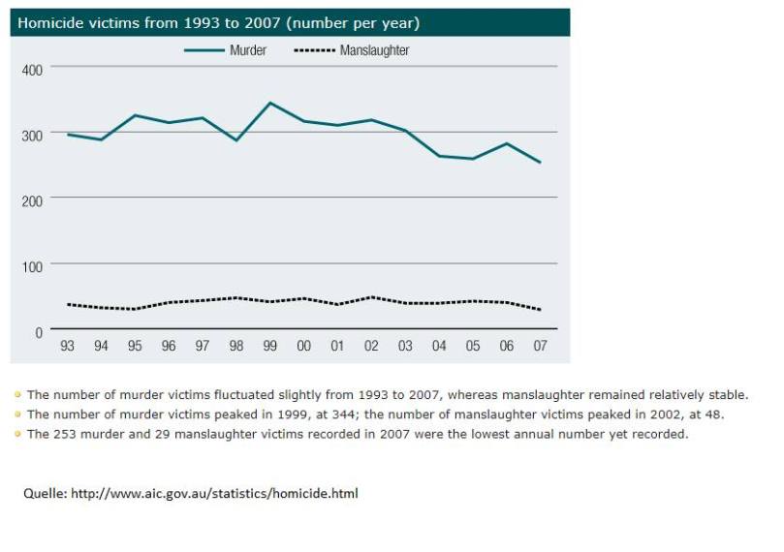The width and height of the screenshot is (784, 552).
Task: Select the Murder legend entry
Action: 248,50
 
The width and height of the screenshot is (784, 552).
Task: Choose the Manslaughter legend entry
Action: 374,50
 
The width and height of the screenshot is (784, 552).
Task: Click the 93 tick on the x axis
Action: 68,347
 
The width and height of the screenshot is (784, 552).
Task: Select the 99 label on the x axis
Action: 270,347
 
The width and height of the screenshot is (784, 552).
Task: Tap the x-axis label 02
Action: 371,347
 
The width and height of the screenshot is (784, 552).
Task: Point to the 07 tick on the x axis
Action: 540,347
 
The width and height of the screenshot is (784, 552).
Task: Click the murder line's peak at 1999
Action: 270,103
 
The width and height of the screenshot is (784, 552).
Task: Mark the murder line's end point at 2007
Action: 540,163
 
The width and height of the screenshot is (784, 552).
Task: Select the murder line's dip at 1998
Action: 236,140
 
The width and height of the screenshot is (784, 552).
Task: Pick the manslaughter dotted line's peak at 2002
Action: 371,297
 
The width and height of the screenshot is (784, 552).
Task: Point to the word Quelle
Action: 41,494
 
